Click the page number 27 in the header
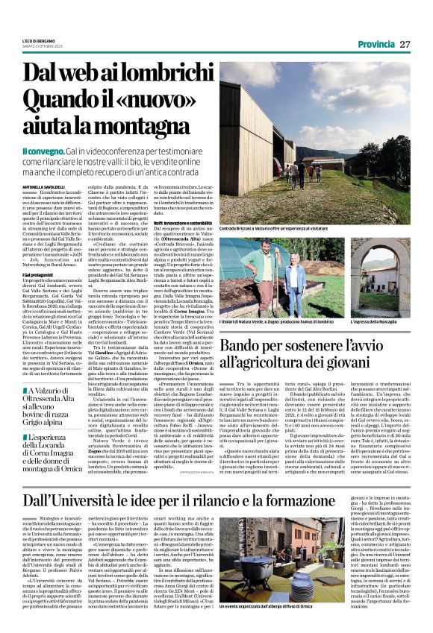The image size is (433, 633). [x=405, y=44]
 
